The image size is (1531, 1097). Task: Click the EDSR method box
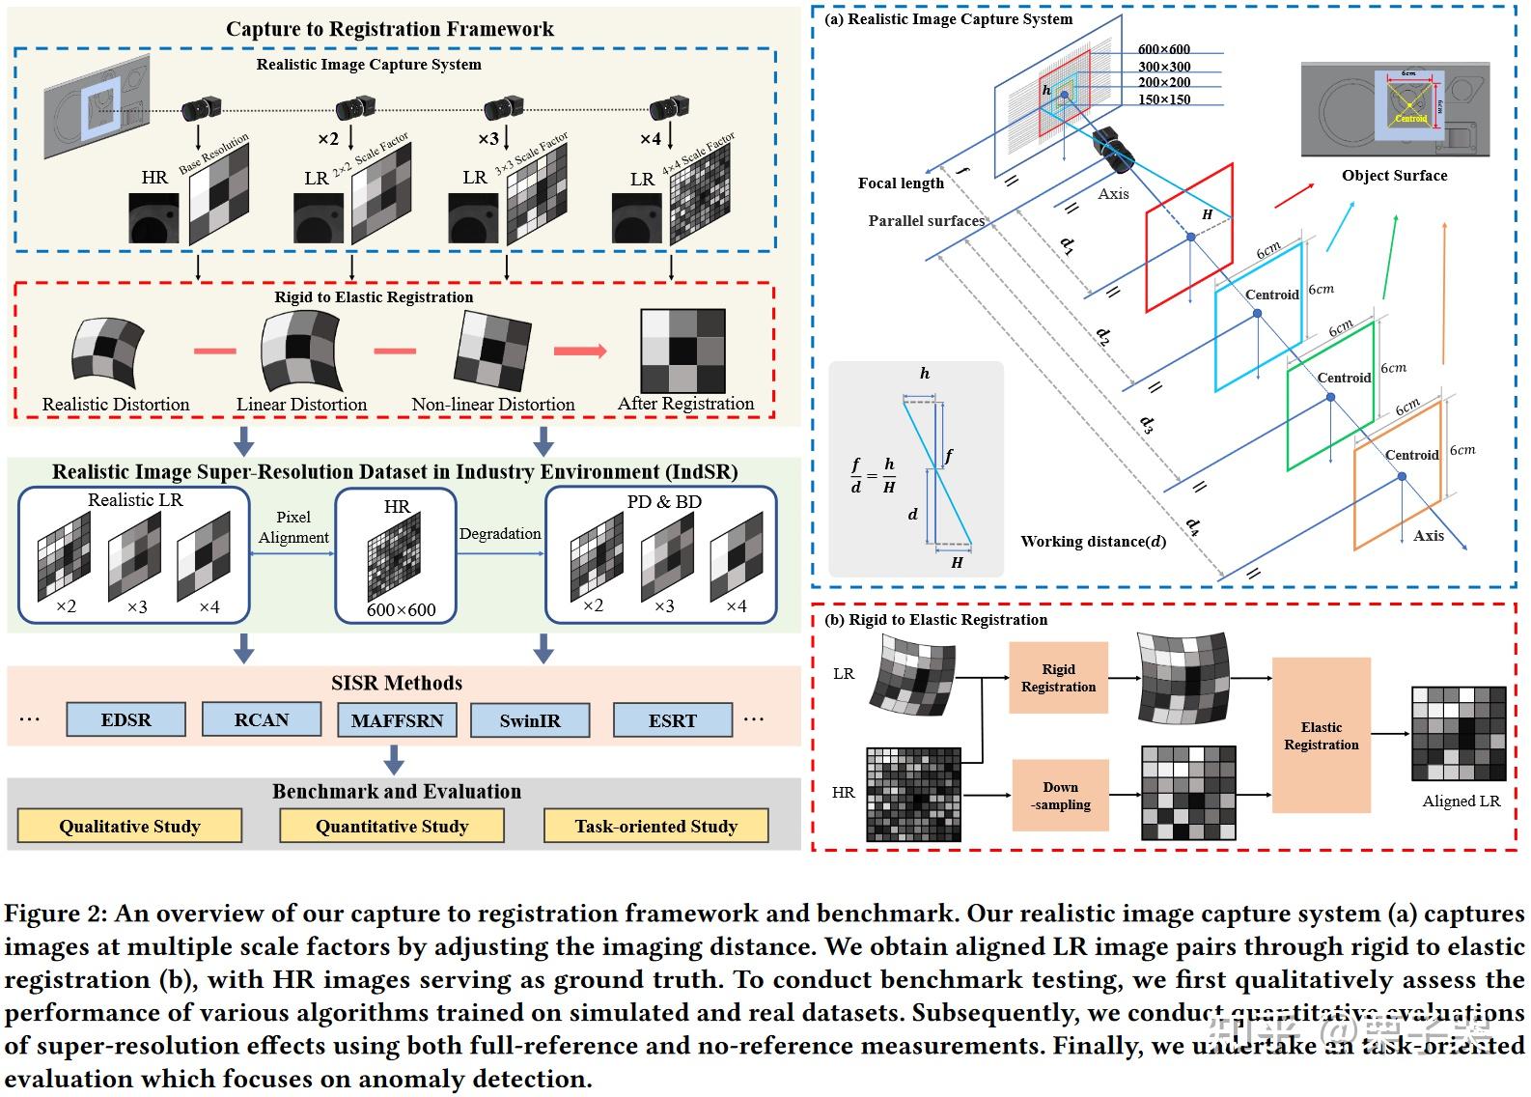click(125, 720)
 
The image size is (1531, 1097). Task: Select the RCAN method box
click(261, 720)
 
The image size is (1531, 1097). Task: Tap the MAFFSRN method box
click(397, 721)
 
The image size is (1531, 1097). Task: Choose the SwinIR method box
click(530, 721)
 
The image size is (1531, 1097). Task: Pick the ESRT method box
click(672, 721)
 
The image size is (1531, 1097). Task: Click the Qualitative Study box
click(129, 827)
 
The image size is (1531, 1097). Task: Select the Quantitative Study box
click(392, 827)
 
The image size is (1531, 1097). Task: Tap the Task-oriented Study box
click(656, 827)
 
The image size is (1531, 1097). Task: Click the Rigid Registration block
click(1058, 678)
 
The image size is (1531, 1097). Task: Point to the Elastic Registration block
click(1321, 736)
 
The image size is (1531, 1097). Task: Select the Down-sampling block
click(1060, 796)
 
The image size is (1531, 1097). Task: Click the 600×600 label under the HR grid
click(401, 610)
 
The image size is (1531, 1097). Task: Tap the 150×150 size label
click(1164, 99)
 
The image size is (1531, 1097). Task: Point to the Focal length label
click(901, 183)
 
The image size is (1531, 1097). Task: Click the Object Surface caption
click(1394, 176)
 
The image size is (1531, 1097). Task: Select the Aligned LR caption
click(1461, 802)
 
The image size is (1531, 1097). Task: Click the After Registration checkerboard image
click(682, 350)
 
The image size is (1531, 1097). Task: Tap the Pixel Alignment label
click(293, 527)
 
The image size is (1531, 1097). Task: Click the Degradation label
click(500, 534)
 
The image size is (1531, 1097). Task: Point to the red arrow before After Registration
click(580, 352)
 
